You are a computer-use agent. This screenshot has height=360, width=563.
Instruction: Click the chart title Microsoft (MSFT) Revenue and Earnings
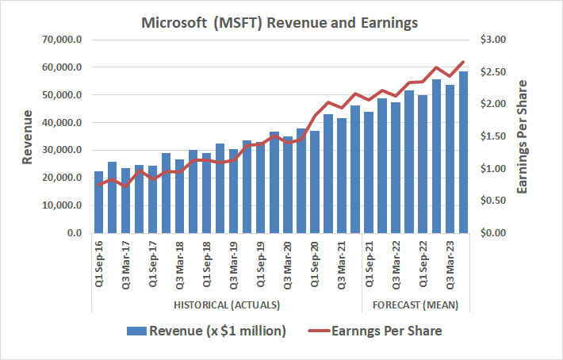click(x=279, y=24)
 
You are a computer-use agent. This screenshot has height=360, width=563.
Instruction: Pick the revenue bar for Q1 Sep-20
click(x=315, y=182)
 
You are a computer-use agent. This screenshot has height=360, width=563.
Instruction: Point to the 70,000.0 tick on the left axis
click(x=63, y=40)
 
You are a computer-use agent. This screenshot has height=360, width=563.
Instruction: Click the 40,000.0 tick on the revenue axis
click(x=63, y=123)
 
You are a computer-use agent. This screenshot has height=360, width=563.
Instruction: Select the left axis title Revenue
click(x=28, y=136)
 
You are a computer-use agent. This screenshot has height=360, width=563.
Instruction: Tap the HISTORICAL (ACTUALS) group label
click(x=227, y=305)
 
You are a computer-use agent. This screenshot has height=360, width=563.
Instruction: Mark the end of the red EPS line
click(x=463, y=61)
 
